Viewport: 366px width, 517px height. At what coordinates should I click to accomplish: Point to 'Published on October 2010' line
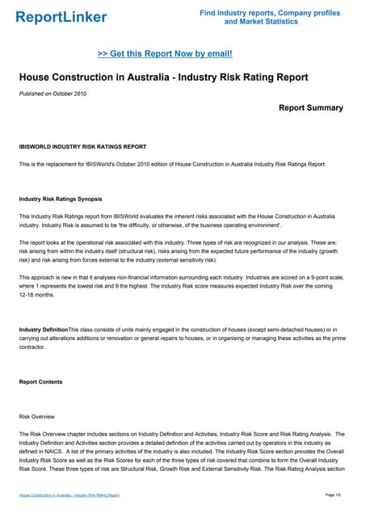point(53,95)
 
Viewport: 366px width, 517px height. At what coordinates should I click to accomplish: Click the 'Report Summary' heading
point(310,108)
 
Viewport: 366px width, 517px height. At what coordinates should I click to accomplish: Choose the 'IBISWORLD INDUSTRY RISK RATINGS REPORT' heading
point(77,147)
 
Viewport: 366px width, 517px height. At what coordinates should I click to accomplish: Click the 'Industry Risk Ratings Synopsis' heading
point(61,199)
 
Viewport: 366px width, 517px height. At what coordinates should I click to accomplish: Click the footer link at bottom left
point(69,494)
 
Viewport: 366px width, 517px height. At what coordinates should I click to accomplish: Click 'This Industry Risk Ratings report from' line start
point(73,216)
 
